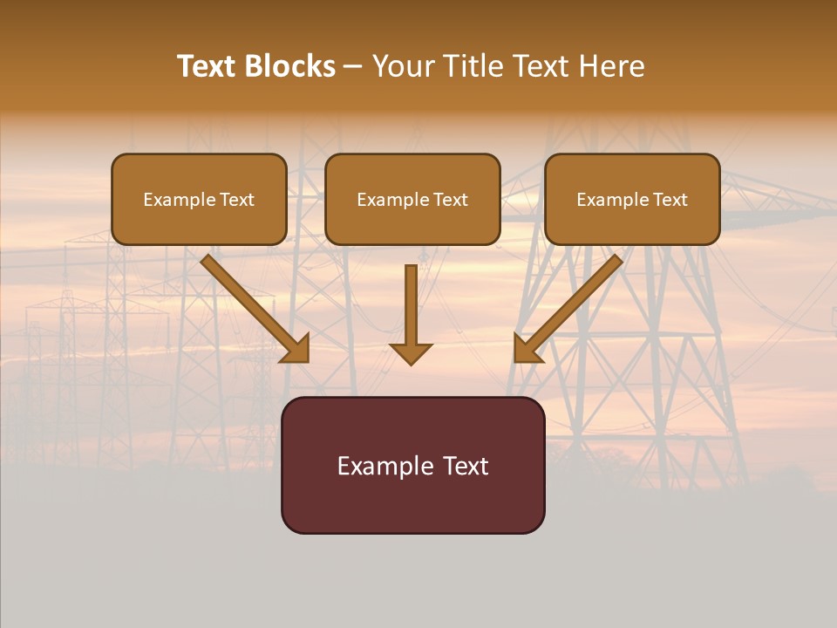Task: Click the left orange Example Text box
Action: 199,200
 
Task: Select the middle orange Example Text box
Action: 412,200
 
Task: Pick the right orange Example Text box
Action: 632,200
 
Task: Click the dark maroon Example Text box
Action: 412,466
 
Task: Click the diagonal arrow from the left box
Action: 253,307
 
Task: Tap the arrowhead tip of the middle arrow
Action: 411,363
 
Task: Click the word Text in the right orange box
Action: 670,200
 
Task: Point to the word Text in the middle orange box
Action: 450,200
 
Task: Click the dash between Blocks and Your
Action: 353,66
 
